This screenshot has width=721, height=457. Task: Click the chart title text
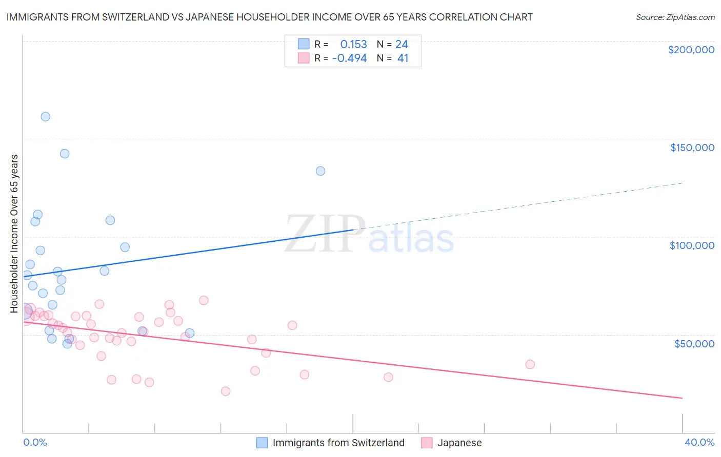tap(269, 17)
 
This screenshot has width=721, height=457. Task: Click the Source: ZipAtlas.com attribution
tap(675, 17)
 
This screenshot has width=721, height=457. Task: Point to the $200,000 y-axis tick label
tap(691, 50)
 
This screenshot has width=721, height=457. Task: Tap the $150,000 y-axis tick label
tap(692, 148)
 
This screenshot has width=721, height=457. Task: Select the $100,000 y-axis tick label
tap(692, 245)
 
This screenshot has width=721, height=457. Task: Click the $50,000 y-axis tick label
tap(694, 344)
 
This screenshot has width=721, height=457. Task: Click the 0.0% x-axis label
tap(35, 442)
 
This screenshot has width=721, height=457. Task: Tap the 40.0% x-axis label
tap(699, 442)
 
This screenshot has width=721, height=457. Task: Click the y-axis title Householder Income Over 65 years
tap(14, 234)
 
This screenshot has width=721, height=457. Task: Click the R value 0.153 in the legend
tap(353, 45)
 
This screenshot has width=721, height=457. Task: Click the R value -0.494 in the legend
tap(350, 58)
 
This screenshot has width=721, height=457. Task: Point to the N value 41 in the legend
tap(403, 58)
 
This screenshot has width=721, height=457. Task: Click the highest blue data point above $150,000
tap(46, 117)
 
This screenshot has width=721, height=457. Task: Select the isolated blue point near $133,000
tap(321, 171)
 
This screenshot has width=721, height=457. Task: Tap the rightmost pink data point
tap(530, 364)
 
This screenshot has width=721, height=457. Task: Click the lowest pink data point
tap(226, 391)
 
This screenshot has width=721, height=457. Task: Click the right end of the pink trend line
tap(682, 398)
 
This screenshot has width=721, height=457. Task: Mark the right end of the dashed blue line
tap(682, 183)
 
